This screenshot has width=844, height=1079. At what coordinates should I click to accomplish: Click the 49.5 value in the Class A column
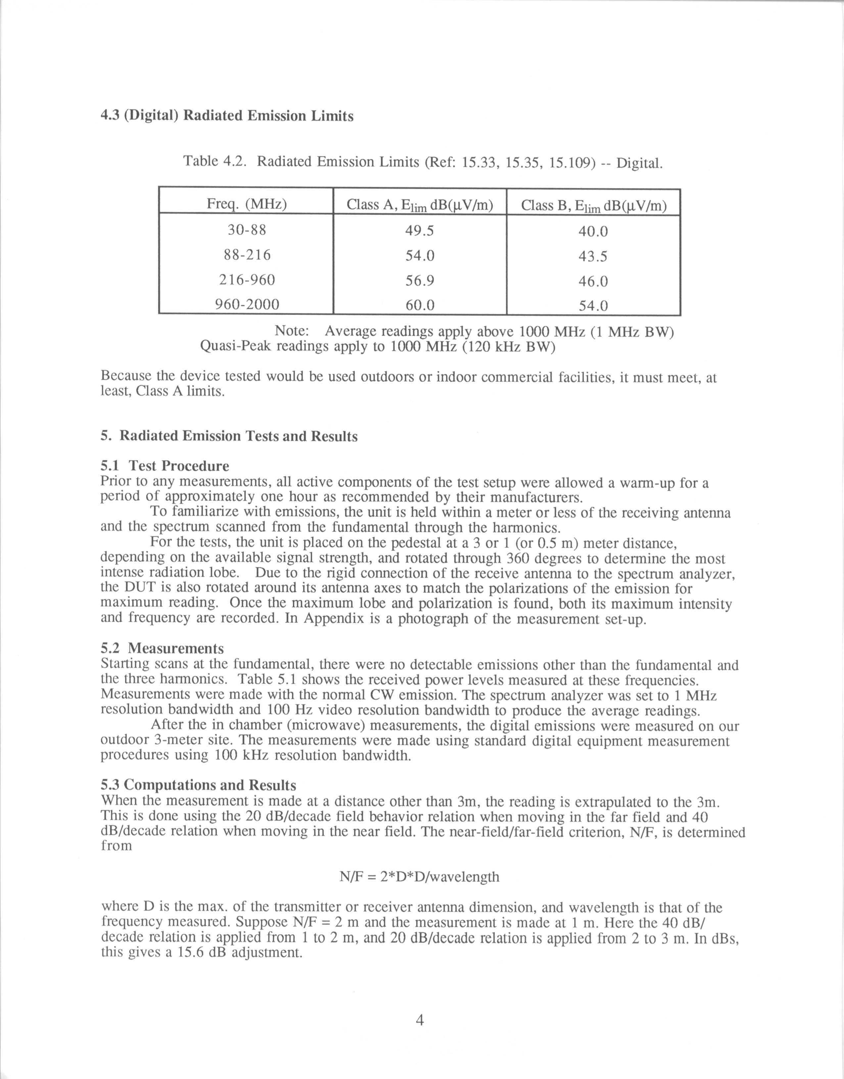420,230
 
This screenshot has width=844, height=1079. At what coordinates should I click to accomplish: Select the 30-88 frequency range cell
247,230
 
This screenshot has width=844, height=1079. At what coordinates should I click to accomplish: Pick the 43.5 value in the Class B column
593,256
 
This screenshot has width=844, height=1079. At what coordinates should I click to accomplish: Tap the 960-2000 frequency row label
247,304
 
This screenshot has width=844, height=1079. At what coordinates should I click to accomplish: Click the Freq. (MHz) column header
247,204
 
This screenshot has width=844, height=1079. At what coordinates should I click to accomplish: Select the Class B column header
593,205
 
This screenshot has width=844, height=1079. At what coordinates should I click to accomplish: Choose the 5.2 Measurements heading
162,648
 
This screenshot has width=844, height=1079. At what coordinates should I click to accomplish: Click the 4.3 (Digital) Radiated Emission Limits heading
227,116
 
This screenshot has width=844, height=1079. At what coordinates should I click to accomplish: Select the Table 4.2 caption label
214,162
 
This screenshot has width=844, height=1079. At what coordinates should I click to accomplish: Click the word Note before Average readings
292,331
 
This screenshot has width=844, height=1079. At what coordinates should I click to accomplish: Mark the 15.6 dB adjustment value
203,953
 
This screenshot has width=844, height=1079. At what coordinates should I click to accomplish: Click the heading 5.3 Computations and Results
198,785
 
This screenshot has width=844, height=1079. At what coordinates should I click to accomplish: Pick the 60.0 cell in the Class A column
420,305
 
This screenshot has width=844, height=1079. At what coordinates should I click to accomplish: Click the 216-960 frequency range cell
247,280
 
